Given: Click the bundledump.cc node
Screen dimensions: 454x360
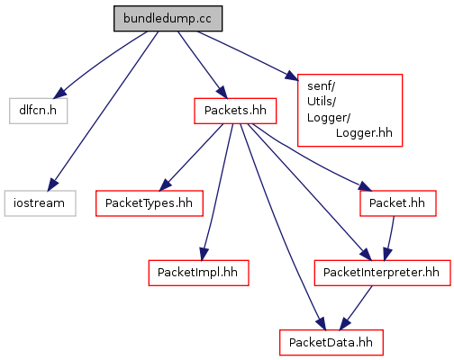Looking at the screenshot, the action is coord(168,18).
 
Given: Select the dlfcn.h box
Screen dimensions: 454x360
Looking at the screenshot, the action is coord(38,111).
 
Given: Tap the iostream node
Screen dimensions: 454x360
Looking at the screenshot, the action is coord(40,203).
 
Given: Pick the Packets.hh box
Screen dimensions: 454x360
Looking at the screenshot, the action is coord(235,111).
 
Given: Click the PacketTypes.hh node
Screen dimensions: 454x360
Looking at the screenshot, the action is coord(150,203).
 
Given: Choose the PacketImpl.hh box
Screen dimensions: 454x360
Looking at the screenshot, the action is coord(198,273).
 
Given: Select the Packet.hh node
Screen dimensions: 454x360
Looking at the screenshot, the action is coord(398,203).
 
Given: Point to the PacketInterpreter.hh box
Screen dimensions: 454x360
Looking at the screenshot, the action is coord(382,273).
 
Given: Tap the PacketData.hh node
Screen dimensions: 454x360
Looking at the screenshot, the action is coord(331,343).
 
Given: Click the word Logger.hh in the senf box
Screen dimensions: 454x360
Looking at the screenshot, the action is coord(364,133).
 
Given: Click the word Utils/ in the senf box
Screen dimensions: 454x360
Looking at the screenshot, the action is coord(322,102).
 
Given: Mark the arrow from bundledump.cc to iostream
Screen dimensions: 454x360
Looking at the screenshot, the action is coord(103,111).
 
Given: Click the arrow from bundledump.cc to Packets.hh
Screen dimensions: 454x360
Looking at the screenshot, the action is coord(203,65).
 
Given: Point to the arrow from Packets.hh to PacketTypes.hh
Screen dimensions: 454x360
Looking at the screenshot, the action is coord(191,157).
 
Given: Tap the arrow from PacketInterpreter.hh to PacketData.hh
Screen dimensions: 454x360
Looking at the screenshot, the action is coord(356,308).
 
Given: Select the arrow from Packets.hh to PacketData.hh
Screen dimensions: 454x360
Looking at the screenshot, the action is coord(282,227).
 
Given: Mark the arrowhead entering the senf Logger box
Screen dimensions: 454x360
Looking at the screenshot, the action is coord(292,76).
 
